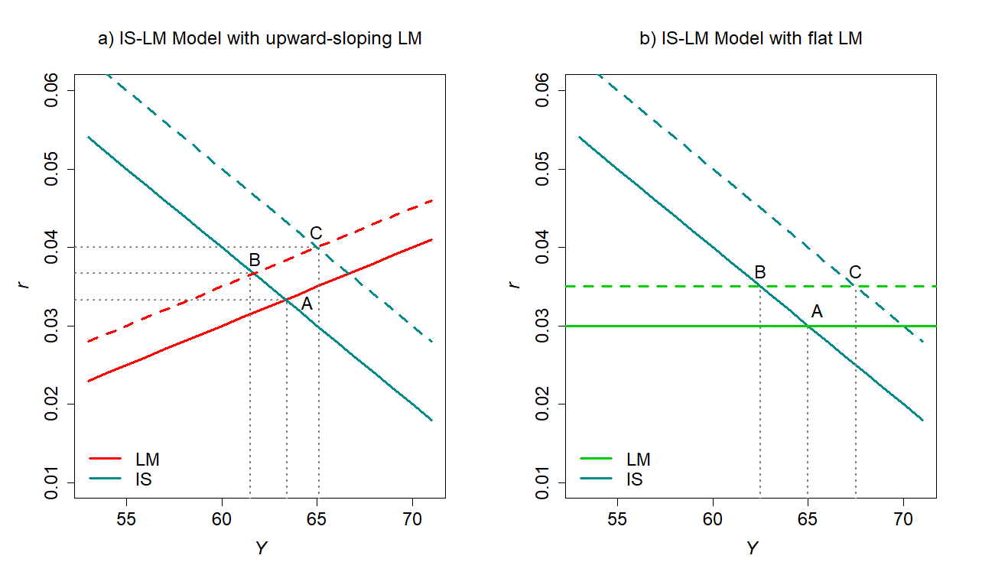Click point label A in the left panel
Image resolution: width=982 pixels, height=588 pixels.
pos(307,304)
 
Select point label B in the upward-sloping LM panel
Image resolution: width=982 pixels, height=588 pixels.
pos(255,260)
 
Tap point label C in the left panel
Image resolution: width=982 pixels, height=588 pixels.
pos(315,233)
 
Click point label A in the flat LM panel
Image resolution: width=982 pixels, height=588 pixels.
pos(816,311)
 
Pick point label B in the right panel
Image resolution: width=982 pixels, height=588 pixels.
pos(759,272)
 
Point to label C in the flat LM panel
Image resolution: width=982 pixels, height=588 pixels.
pos(855,272)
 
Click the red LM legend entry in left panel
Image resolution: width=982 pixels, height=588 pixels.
pos(147,459)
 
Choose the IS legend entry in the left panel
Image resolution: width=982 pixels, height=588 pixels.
pos(142,479)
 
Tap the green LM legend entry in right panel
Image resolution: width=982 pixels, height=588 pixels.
pos(638,459)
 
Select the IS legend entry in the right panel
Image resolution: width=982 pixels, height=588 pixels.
pos(633,479)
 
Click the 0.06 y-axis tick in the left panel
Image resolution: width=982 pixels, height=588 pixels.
pos(51,90)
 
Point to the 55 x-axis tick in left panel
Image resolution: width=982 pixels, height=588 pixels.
pos(126,518)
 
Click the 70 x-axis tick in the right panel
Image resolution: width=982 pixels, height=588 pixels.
pos(903,518)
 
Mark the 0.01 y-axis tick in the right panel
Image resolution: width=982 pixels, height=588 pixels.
pos(542,482)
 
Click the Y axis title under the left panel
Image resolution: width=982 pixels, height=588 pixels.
pos(260,548)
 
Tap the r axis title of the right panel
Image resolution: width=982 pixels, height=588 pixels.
pos(514,284)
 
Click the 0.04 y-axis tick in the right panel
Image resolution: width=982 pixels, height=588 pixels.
pos(542,247)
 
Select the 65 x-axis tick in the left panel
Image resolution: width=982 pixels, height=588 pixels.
pos(317,518)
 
